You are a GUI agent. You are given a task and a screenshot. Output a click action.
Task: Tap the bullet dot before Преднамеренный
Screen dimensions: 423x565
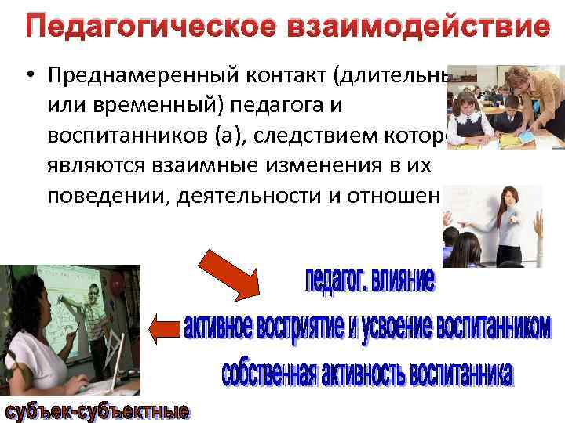point(28,74)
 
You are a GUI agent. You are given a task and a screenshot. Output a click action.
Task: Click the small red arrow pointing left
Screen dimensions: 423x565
point(165,327)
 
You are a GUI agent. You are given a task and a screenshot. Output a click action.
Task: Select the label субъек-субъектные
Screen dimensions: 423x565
point(97,410)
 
